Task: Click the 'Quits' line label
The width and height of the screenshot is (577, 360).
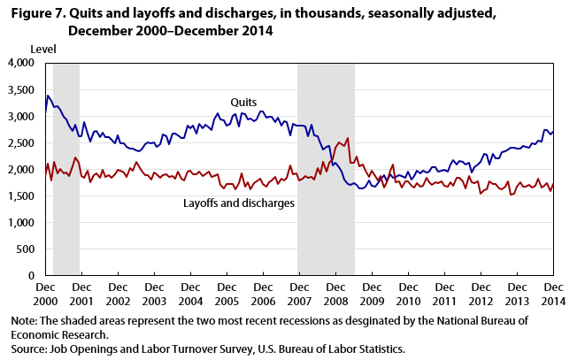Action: [x=244, y=103]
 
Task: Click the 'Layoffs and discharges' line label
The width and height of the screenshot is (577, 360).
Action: [x=239, y=203]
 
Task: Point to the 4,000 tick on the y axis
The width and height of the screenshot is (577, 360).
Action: [x=19, y=64]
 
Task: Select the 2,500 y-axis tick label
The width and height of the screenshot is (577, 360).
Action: [x=19, y=143]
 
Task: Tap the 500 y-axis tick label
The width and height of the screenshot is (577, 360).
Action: [x=26, y=249]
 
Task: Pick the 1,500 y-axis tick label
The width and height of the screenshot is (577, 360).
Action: [x=19, y=196]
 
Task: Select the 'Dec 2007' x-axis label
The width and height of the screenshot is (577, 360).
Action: [x=298, y=295]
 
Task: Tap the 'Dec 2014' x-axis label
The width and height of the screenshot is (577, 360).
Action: [x=552, y=295]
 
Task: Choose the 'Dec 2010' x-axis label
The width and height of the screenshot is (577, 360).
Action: [x=407, y=295]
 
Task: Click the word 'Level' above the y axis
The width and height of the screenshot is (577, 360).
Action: [x=43, y=47]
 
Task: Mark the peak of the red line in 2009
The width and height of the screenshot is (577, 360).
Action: [x=347, y=138]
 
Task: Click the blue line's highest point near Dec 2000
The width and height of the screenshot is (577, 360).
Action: [x=48, y=96]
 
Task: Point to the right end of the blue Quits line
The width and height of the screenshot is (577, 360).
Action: [x=553, y=131]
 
